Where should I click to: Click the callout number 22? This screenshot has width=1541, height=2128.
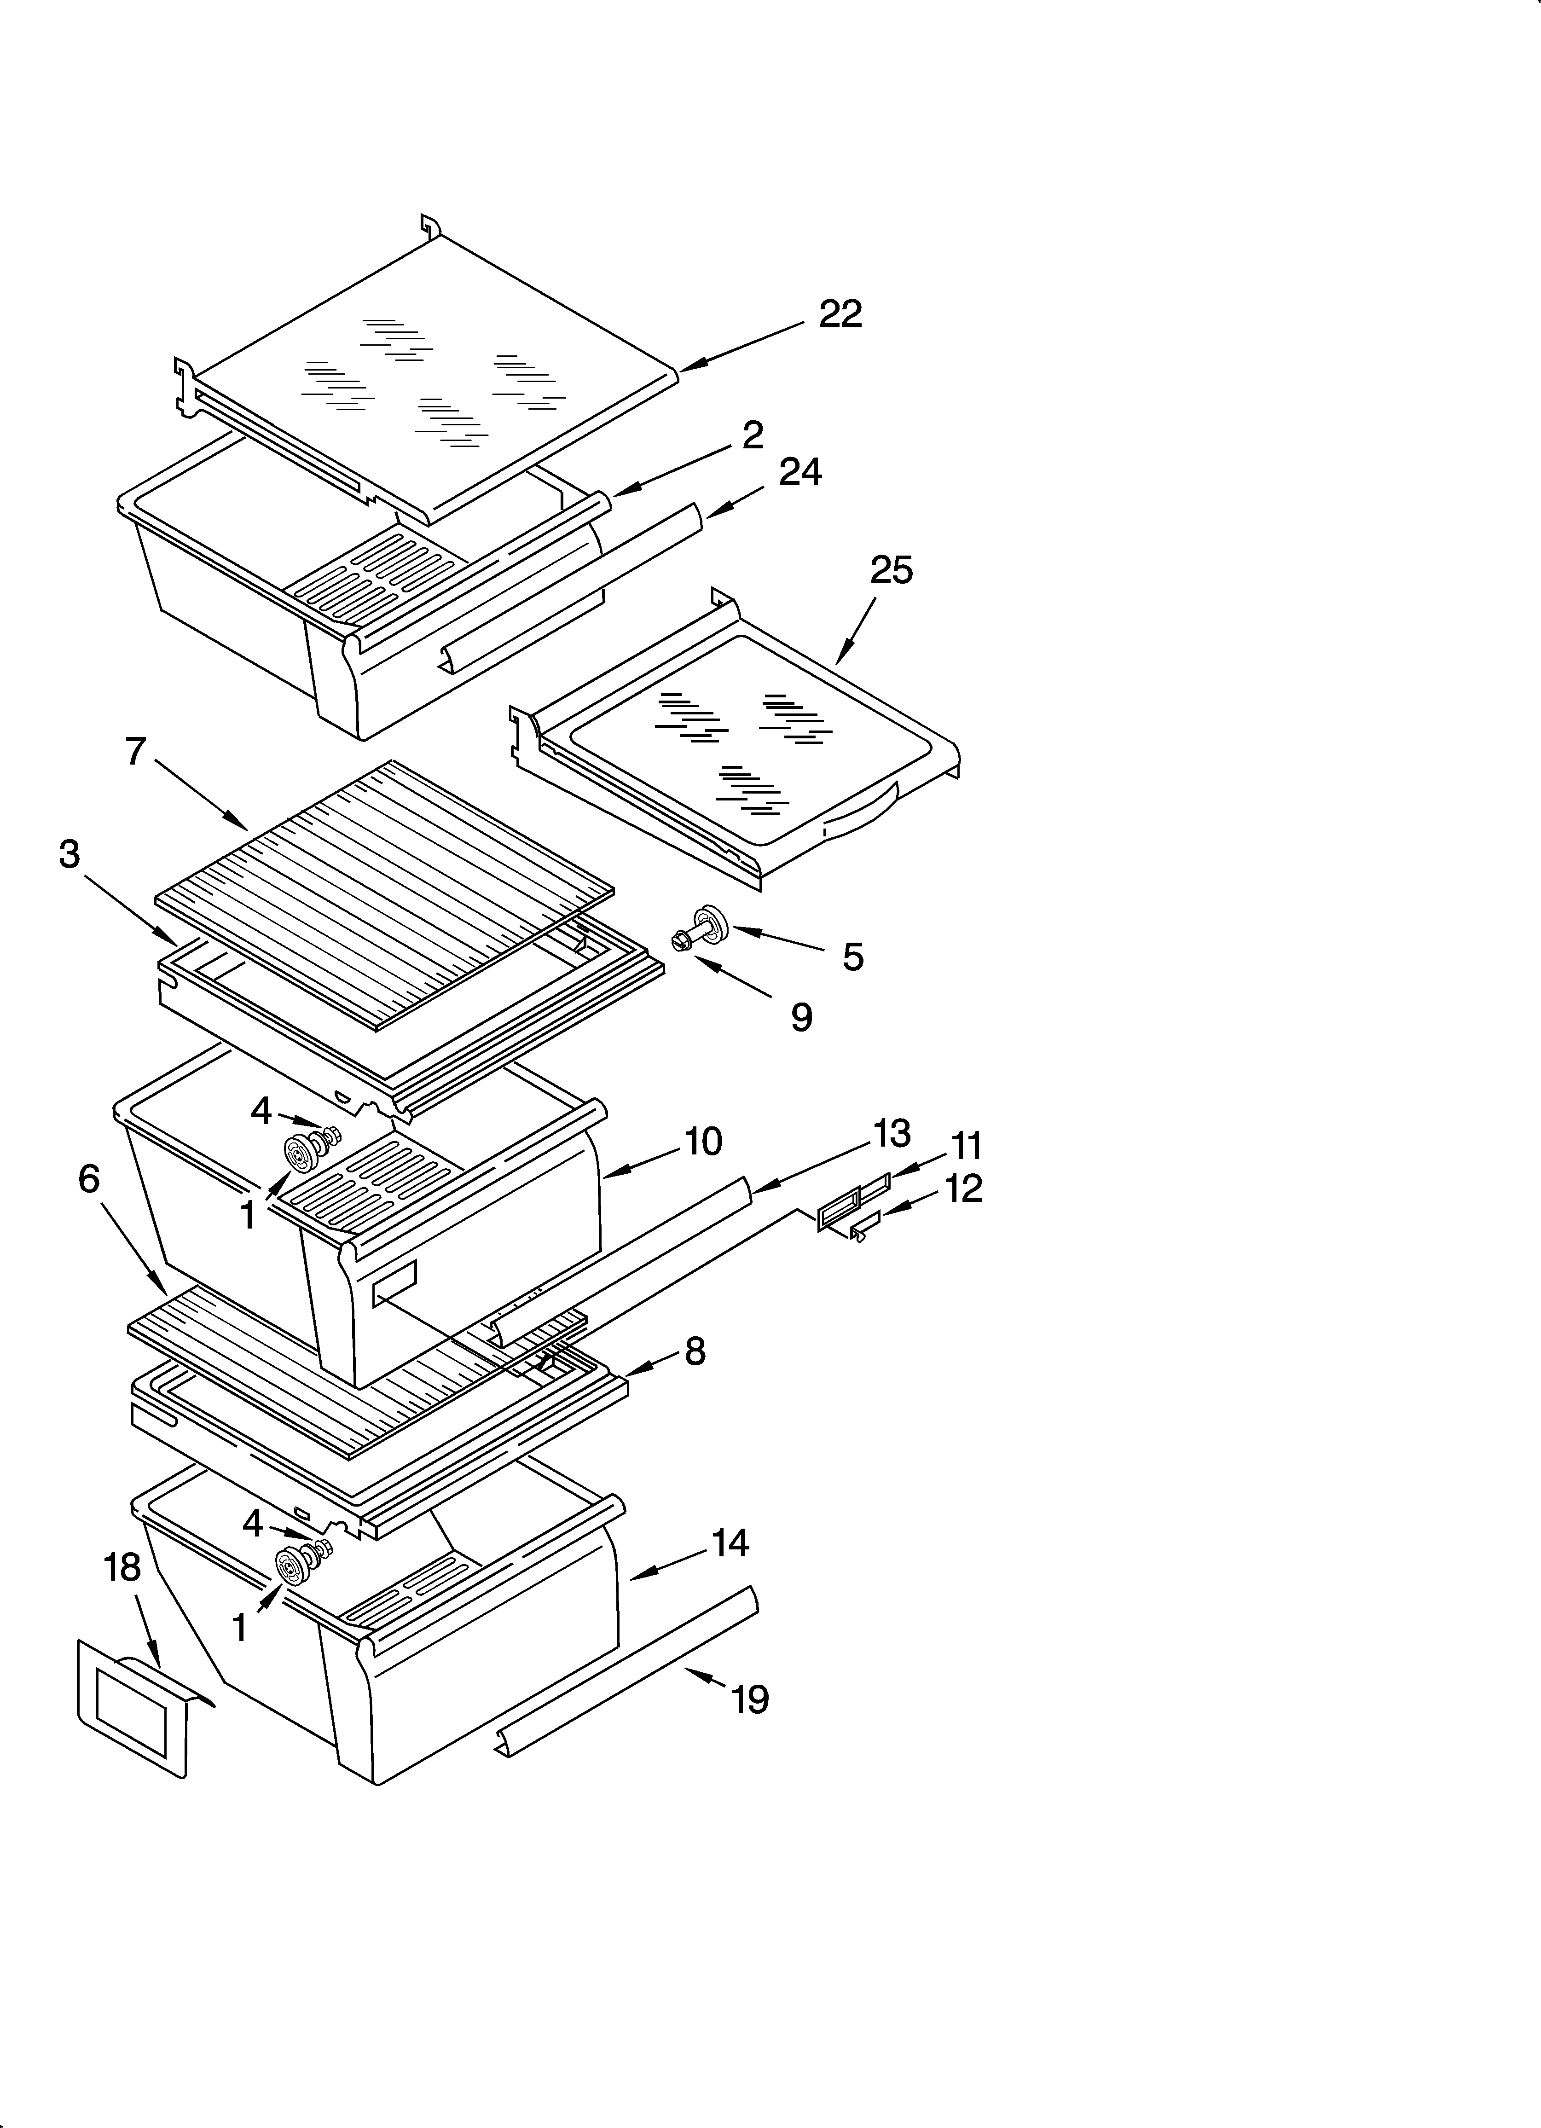click(x=840, y=314)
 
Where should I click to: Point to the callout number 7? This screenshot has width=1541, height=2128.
click(x=136, y=752)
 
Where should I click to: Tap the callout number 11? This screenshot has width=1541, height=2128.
click(x=966, y=1147)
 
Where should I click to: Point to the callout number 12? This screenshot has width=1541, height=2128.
click(x=964, y=1189)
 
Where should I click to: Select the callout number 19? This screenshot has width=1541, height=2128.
click(x=750, y=1699)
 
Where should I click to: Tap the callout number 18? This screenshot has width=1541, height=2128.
click(x=122, y=1568)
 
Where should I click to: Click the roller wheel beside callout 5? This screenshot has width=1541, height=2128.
click(x=709, y=922)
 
